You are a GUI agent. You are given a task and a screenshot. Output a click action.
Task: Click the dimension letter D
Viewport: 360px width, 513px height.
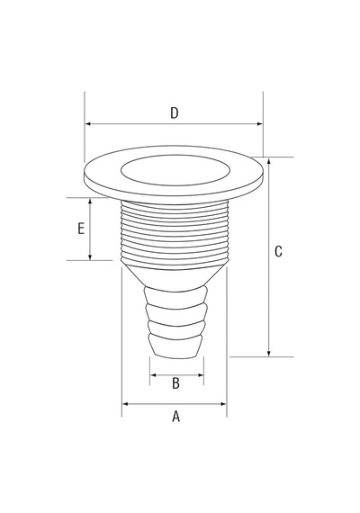click(175, 112)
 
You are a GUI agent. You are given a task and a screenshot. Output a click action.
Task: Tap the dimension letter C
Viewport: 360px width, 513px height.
click(278, 251)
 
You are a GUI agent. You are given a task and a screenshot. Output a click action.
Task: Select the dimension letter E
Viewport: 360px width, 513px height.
click(81, 229)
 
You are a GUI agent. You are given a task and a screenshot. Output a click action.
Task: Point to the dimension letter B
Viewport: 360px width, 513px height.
click(175, 383)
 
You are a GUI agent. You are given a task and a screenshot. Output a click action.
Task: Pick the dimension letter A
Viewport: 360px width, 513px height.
click(176, 417)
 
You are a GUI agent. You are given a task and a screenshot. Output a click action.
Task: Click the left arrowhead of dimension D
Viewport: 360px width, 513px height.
click(87, 124)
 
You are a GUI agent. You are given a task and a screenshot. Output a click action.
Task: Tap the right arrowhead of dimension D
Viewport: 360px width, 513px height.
click(260, 124)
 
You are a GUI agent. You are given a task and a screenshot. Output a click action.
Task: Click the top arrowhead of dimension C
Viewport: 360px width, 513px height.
click(269, 160)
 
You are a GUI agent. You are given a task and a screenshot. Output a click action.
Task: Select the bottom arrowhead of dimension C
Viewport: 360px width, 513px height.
click(269, 354)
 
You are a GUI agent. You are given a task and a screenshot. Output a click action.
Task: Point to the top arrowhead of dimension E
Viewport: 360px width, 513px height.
click(90, 202)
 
